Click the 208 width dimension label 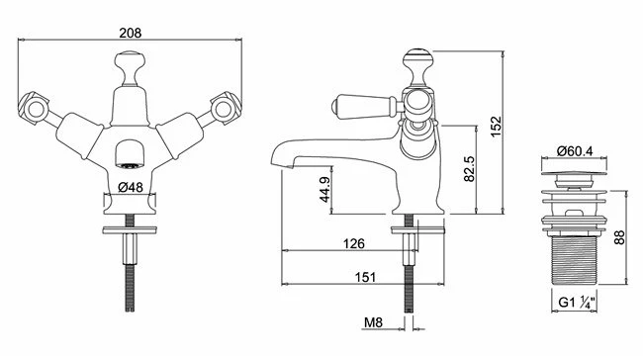pos(130,33)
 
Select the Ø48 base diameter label pos(130,187)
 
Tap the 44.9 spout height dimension pos(324,190)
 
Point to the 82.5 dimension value pos(469,168)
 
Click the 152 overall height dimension pos(496,127)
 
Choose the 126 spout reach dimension pos(353,244)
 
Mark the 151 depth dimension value pos(365,278)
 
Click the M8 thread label pos(373,322)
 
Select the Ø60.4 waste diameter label pos(575,151)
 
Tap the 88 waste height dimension pos(619,237)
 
